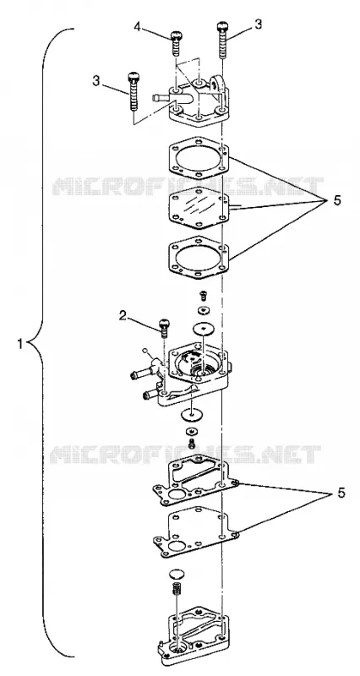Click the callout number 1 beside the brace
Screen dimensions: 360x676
tap(20, 345)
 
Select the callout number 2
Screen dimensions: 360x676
tap(123, 316)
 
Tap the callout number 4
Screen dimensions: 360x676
tap(137, 27)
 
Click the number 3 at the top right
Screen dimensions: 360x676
tap(258, 25)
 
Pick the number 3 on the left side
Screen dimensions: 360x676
tap(96, 80)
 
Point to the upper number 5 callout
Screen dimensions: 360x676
tap(337, 200)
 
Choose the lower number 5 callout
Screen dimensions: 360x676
tap(341, 493)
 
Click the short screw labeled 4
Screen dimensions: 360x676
tap(176, 43)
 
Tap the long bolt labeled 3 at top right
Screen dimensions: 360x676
tap(222, 40)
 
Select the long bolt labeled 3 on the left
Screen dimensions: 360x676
tap(133, 90)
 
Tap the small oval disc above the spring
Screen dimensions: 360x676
tap(176, 574)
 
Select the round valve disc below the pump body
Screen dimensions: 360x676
tap(189, 415)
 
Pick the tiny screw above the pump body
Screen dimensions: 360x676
tap(204, 295)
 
